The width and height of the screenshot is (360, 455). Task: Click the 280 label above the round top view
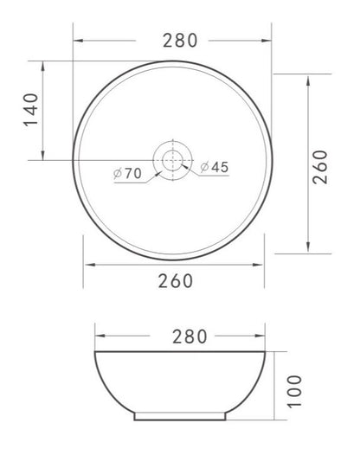(x=179, y=40)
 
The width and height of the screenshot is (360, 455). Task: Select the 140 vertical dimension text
(x=30, y=110)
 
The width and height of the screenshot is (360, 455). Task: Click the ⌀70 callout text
(x=127, y=173)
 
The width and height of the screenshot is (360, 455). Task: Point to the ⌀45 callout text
(x=214, y=168)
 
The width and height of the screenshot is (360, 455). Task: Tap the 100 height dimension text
(x=294, y=391)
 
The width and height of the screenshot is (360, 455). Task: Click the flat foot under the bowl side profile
(x=183, y=417)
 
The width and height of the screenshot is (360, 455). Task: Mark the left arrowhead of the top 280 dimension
(x=76, y=40)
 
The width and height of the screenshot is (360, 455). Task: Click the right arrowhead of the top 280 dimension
(x=267, y=40)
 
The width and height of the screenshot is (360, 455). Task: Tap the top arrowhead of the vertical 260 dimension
(x=309, y=76)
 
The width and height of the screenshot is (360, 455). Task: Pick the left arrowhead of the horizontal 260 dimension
(x=86, y=265)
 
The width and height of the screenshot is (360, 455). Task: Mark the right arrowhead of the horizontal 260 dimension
(x=263, y=265)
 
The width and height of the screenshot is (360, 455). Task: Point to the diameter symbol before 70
(x=116, y=173)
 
